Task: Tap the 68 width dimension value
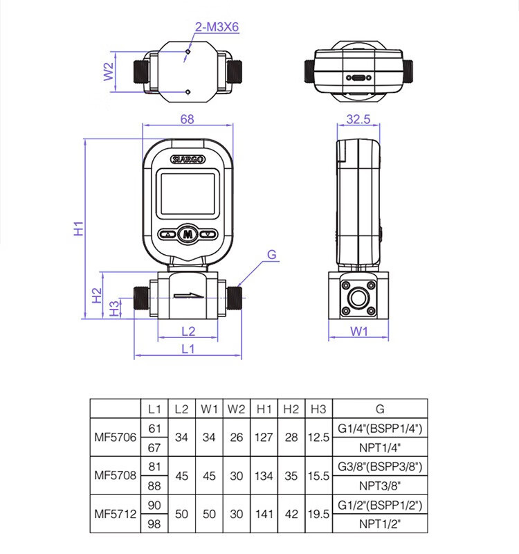pyautogui.click(x=187, y=119)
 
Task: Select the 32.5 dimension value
pyautogui.click(x=358, y=119)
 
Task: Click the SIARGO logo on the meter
pyautogui.click(x=188, y=159)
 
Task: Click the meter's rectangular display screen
pyautogui.click(x=188, y=194)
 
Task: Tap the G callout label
pyautogui.click(x=272, y=255)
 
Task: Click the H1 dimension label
pyautogui.click(x=80, y=229)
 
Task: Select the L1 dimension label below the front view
pyautogui.click(x=188, y=349)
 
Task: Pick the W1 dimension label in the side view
pyautogui.click(x=358, y=332)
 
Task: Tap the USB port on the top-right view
pyautogui.click(x=358, y=78)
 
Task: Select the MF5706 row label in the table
pyautogui.click(x=115, y=438)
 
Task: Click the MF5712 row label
pyautogui.click(x=115, y=515)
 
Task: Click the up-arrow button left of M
pyautogui.click(x=167, y=234)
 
